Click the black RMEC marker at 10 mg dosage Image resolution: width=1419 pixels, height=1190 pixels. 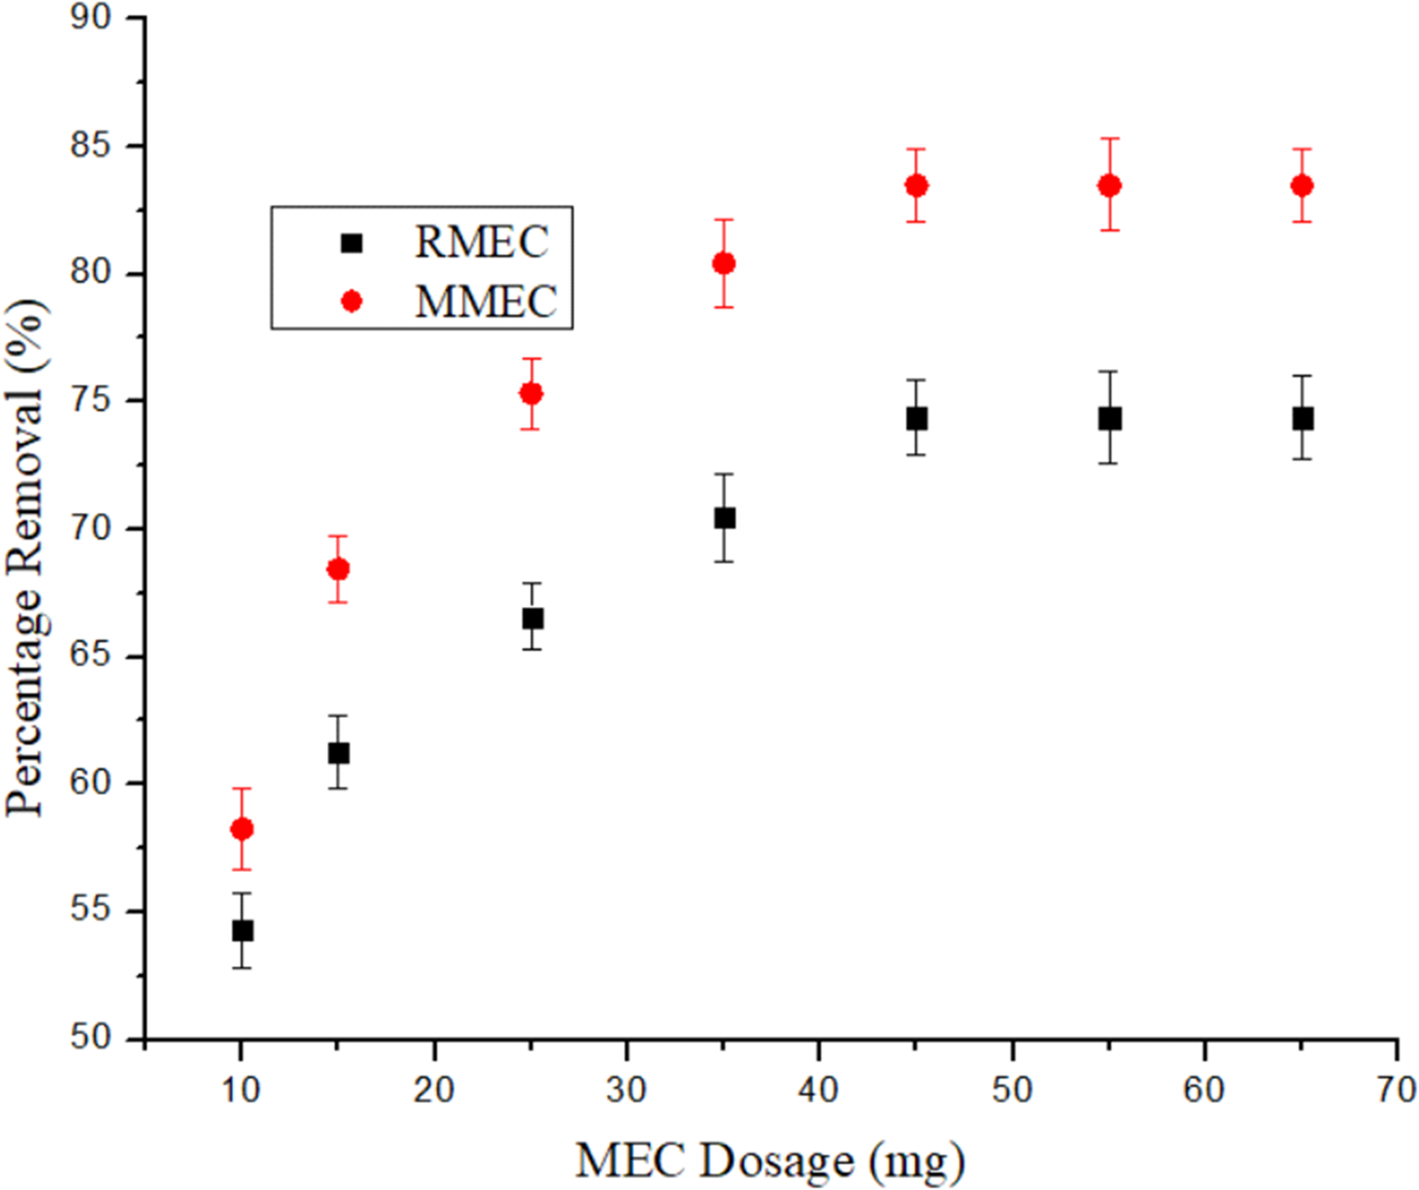[242, 931]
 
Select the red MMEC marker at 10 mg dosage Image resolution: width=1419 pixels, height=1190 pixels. [242, 829]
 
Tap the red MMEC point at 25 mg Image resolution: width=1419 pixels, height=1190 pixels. [531, 394]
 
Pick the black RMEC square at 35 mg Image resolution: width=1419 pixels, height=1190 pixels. [724, 518]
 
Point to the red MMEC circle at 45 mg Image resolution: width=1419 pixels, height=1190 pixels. [917, 186]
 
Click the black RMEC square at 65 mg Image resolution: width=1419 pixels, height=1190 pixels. [1303, 418]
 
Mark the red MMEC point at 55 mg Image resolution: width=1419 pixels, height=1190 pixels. [1109, 186]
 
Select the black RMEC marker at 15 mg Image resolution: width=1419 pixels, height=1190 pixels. [338, 753]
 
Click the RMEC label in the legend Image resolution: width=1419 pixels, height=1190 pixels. [481, 242]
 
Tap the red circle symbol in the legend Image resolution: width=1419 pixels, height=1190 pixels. [351, 302]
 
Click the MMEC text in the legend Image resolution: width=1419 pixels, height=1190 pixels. [485, 302]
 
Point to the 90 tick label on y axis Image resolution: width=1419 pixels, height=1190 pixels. [91, 17]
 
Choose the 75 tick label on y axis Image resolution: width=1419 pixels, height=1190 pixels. [91, 401]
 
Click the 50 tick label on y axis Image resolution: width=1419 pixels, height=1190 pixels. [91, 1037]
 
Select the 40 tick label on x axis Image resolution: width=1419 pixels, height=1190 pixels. [818, 1090]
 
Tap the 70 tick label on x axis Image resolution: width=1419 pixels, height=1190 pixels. [1396, 1090]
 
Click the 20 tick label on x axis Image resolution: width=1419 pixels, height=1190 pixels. [433, 1090]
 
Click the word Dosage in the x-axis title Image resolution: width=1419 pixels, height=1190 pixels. [776, 1161]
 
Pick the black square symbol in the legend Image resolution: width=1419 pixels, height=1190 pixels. [351, 243]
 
